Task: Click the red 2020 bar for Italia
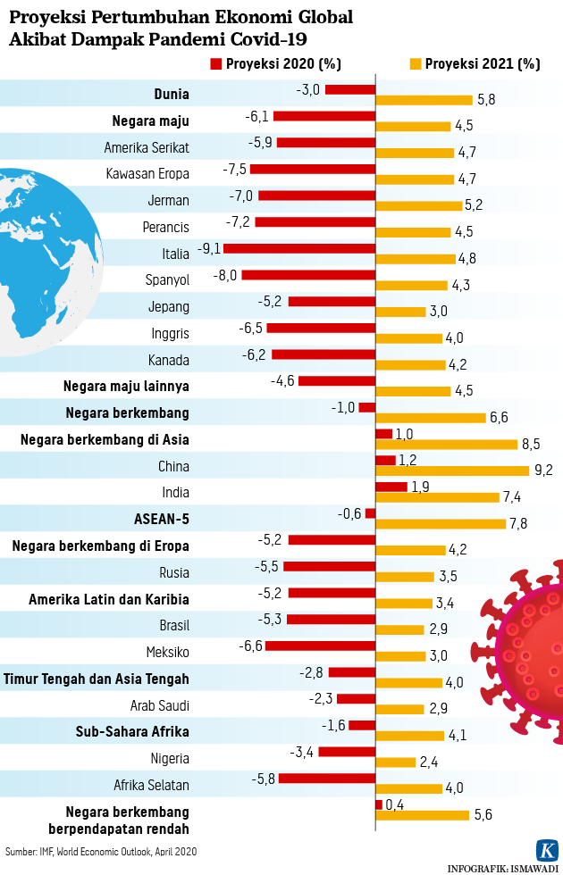pos(298,248)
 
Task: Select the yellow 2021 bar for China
pos(452,471)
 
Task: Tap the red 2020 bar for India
pos(391,487)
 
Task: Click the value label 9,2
pos(543,471)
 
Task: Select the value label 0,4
pos(395,805)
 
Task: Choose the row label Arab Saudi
pos(160,705)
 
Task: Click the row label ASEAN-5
pos(161,519)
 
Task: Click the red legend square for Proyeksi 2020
pos(215,64)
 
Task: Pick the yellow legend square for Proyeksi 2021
pos(416,64)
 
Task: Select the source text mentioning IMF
pos(101,852)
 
